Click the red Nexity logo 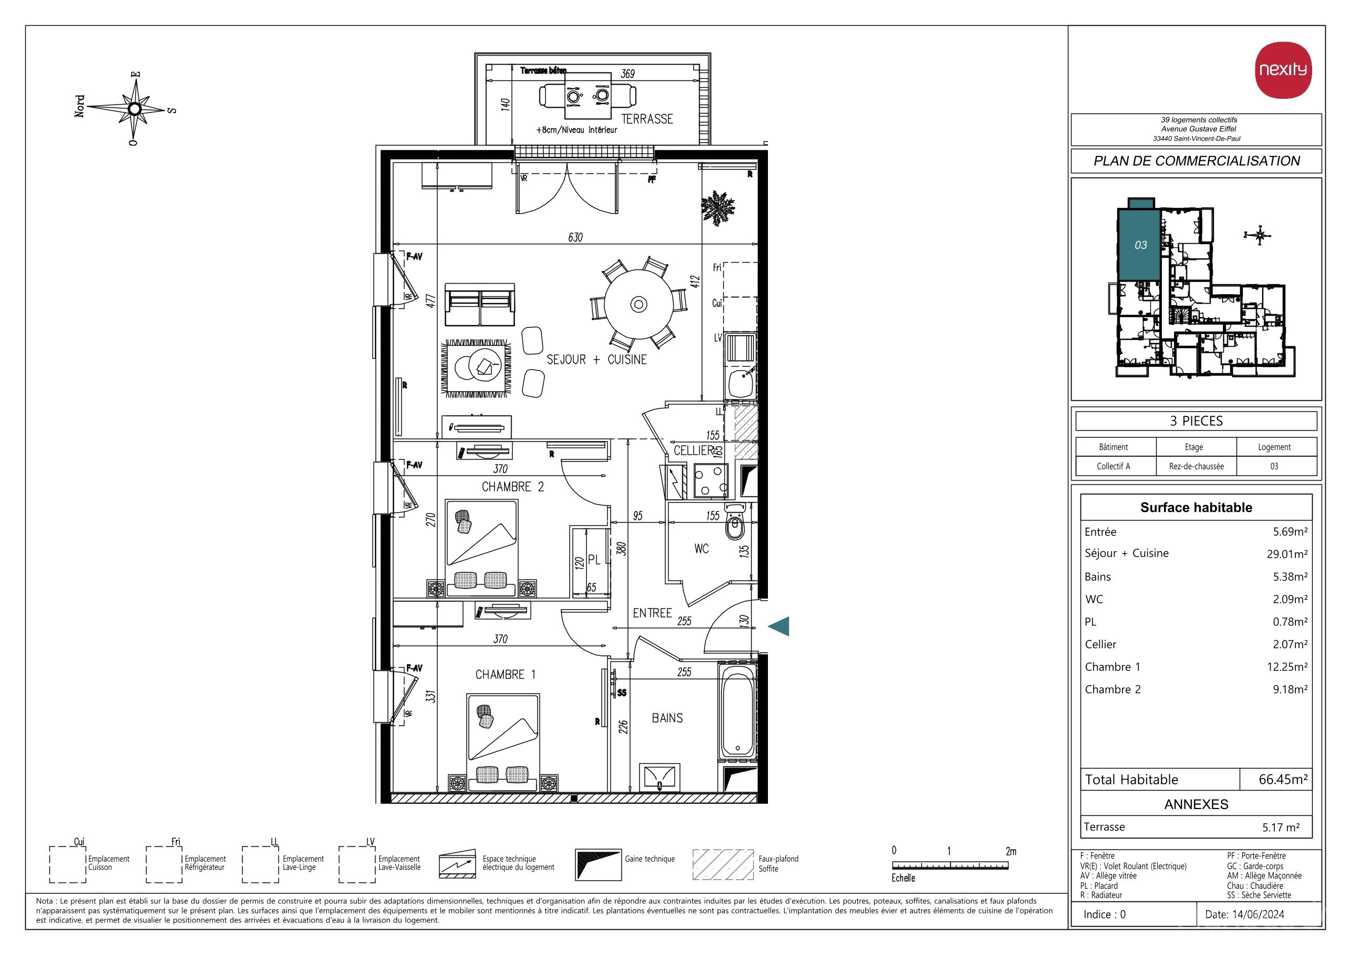[1283, 69]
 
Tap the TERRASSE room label [647, 119]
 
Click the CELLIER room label [694, 451]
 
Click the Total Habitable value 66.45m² [1283, 779]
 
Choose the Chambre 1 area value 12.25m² [1290, 667]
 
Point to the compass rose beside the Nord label [135, 109]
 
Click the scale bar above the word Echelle [950, 865]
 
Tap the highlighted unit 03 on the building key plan [1139, 244]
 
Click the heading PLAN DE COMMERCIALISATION [1196, 161]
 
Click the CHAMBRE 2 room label [513, 486]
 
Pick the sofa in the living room [480, 305]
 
